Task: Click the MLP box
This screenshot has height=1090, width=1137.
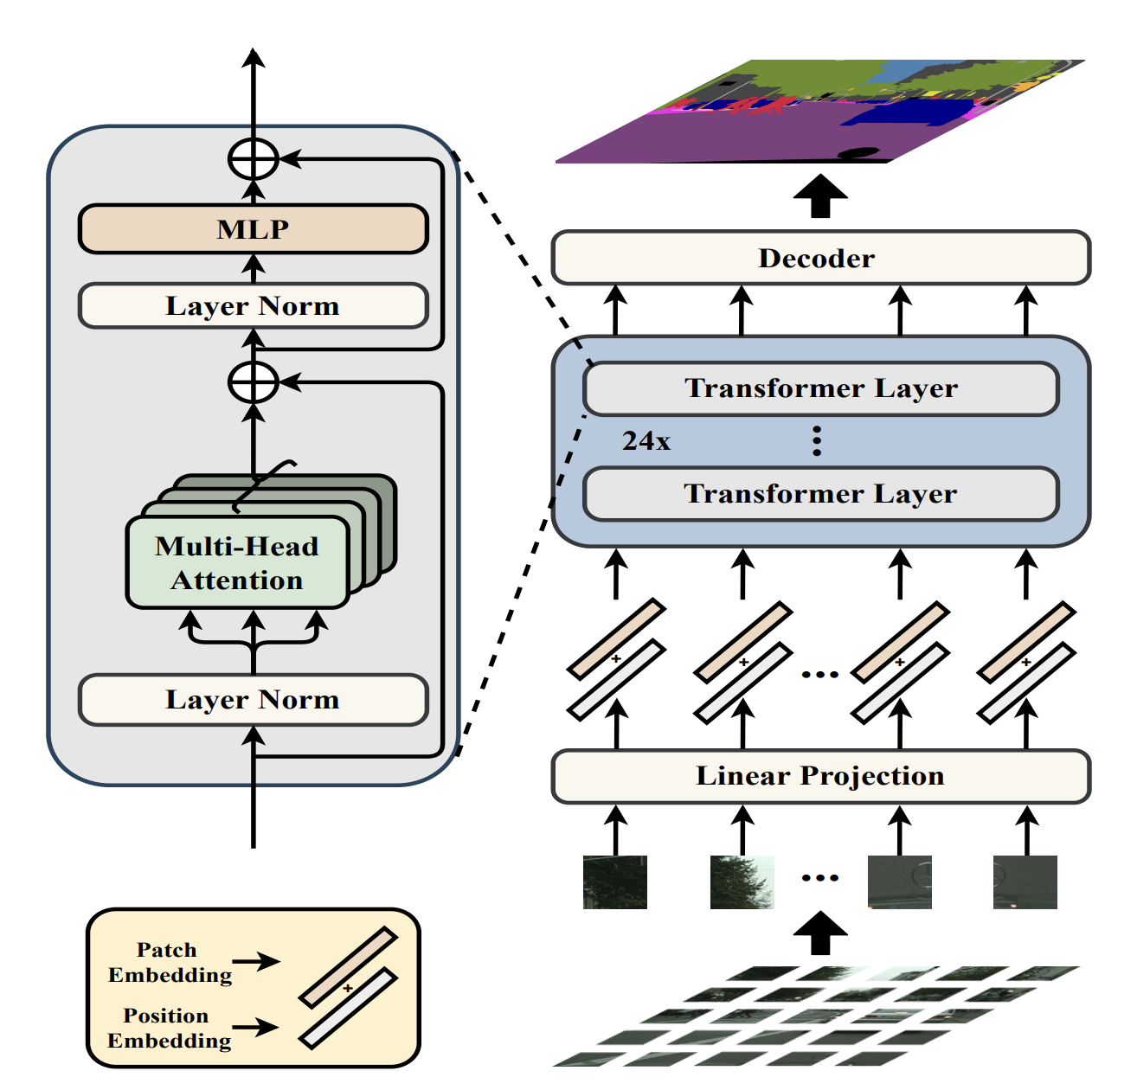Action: (253, 229)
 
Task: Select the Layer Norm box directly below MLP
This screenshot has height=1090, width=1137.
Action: (253, 306)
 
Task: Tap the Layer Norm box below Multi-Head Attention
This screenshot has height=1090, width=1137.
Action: (253, 700)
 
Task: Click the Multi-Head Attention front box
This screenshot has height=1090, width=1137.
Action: (237, 563)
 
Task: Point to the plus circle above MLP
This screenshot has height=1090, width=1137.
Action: (253, 159)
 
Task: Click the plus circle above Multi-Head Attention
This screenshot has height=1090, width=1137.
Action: (253, 381)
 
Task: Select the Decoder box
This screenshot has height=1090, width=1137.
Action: (820, 258)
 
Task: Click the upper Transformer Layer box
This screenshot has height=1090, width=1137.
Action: (820, 388)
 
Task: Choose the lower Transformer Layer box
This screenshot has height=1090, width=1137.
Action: (820, 494)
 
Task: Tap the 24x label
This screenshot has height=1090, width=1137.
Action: (646, 441)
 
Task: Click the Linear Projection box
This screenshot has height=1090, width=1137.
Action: (820, 776)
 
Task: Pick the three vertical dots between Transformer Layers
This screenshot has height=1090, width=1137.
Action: (817, 441)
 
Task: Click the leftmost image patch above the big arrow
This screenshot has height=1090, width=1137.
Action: (615, 882)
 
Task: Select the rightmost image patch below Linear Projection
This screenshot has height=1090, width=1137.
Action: (1025, 882)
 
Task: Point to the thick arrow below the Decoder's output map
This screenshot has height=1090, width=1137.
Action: (820, 196)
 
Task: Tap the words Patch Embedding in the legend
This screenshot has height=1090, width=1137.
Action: (170, 963)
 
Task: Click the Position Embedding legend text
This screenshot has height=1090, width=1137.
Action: (170, 1028)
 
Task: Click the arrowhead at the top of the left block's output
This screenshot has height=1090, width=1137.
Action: (253, 57)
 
